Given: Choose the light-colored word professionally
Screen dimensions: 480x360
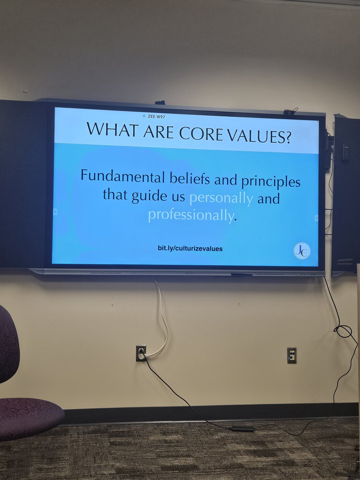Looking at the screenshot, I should click(190, 216).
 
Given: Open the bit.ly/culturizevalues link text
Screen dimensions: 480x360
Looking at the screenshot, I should click(190, 248).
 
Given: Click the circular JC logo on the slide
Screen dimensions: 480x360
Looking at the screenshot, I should click(302, 251).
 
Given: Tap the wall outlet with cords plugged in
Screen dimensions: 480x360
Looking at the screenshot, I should click(141, 353).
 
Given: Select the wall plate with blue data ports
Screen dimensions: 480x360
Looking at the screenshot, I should click(292, 355).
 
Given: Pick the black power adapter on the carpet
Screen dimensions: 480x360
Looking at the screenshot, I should click(243, 428).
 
